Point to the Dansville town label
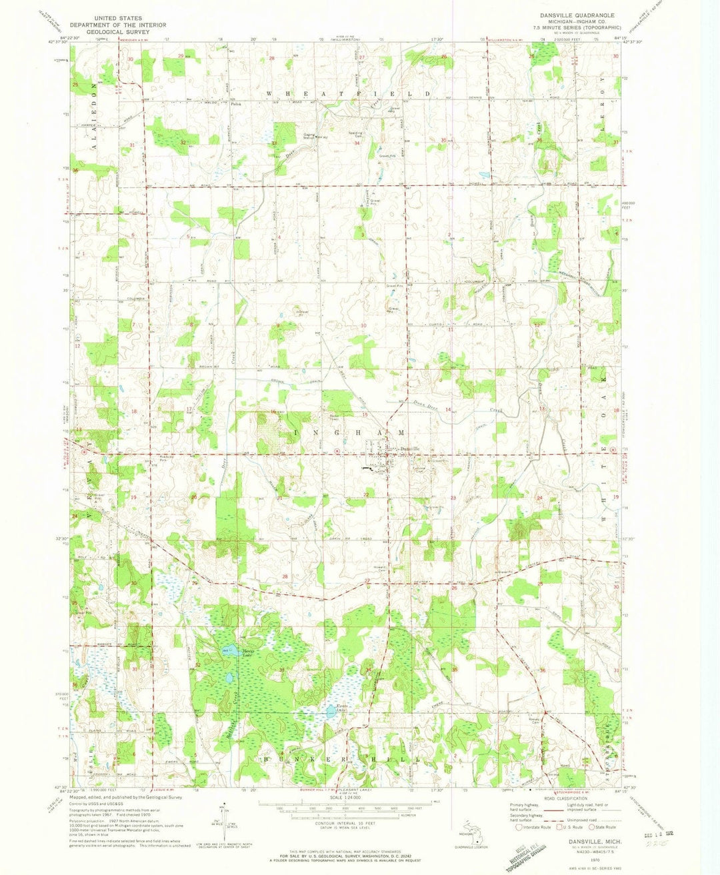tap(409, 448)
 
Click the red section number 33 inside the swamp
tap(282, 669)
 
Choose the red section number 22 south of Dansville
tap(366, 494)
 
